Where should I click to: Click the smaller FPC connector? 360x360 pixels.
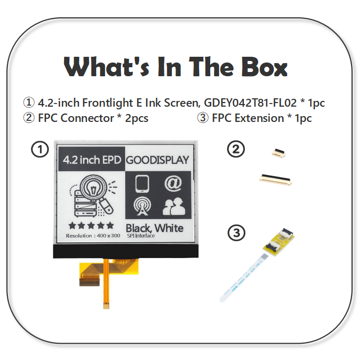pos(275,153)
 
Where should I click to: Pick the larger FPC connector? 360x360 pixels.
pos(276,179)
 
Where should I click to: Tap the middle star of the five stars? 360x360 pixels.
pos(91,225)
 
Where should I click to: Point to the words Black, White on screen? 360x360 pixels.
pos(155,228)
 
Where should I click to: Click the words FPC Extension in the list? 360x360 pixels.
pos(248,118)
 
